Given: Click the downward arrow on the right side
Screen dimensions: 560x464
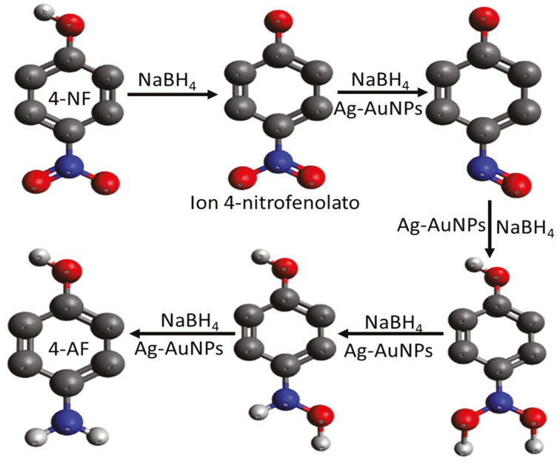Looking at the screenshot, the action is click(490, 229).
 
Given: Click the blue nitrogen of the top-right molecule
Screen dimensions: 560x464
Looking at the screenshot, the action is click(486, 158).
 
